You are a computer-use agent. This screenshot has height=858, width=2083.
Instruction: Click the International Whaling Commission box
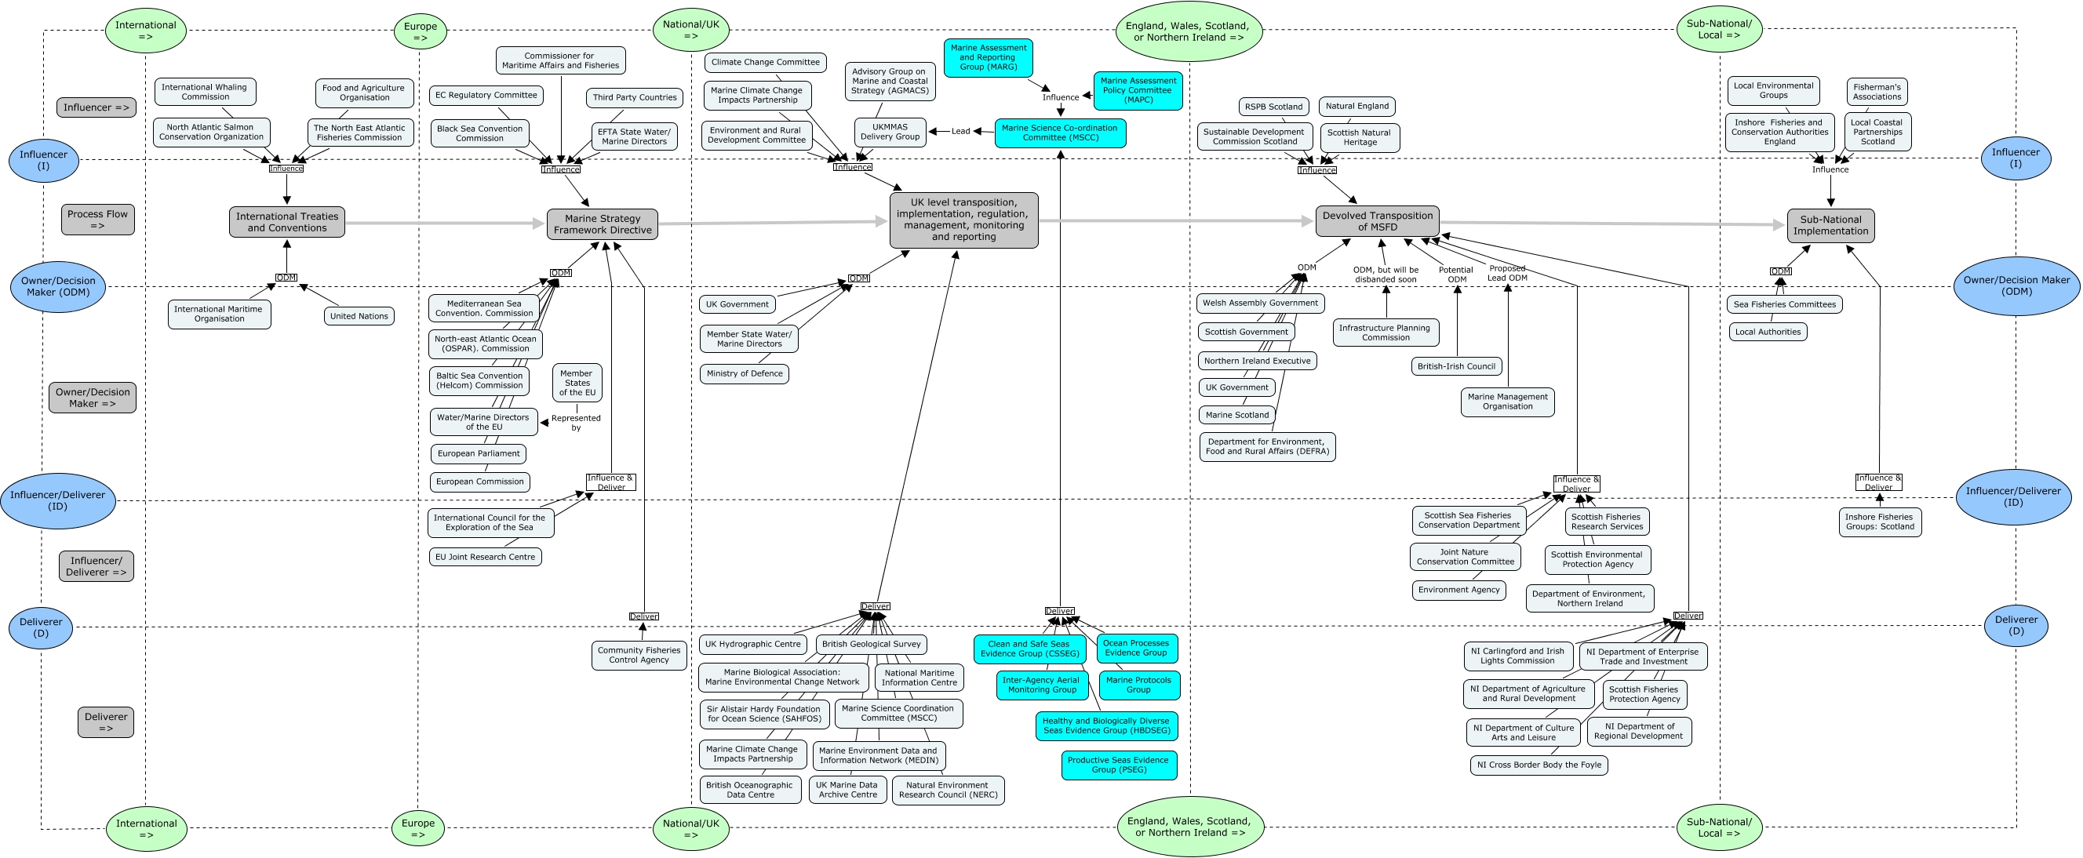pos(205,92)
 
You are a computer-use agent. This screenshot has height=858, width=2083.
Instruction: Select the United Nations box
pos(359,316)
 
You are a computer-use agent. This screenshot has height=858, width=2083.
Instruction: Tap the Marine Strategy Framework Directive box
pos(603,224)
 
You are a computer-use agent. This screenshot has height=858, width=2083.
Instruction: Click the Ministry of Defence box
pos(744,373)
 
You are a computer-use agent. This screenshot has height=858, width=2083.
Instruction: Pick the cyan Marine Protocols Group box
pos(1138,685)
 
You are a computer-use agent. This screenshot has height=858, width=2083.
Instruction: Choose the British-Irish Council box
pos(1456,366)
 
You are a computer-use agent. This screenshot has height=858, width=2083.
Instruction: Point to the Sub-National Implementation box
pos(1830,226)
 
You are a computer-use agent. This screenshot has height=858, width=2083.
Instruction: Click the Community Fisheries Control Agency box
pos(639,655)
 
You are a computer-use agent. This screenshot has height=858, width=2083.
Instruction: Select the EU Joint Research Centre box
pos(485,557)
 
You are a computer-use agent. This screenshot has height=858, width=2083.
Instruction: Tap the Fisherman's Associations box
pos(1877,92)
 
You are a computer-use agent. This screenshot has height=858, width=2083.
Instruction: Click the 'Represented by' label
pos(576,423)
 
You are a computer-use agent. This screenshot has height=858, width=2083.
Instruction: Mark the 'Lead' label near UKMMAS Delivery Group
pos(960,131)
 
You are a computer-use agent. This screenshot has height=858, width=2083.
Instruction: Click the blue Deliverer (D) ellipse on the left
pos(41,627)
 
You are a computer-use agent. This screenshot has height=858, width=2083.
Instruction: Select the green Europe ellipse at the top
pos(421,31)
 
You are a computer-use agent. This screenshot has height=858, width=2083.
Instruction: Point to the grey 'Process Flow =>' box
pos(98,219)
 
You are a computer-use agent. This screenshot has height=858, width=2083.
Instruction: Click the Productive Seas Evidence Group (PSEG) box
pos(1118,765)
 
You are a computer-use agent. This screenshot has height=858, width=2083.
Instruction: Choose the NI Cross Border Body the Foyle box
pos(1539,765)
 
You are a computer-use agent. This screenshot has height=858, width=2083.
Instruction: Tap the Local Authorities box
pos(1768,332)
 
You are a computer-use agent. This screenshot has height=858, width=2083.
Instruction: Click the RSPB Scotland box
pos(1273,107)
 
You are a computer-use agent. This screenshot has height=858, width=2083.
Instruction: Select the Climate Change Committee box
pos(765,62)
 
